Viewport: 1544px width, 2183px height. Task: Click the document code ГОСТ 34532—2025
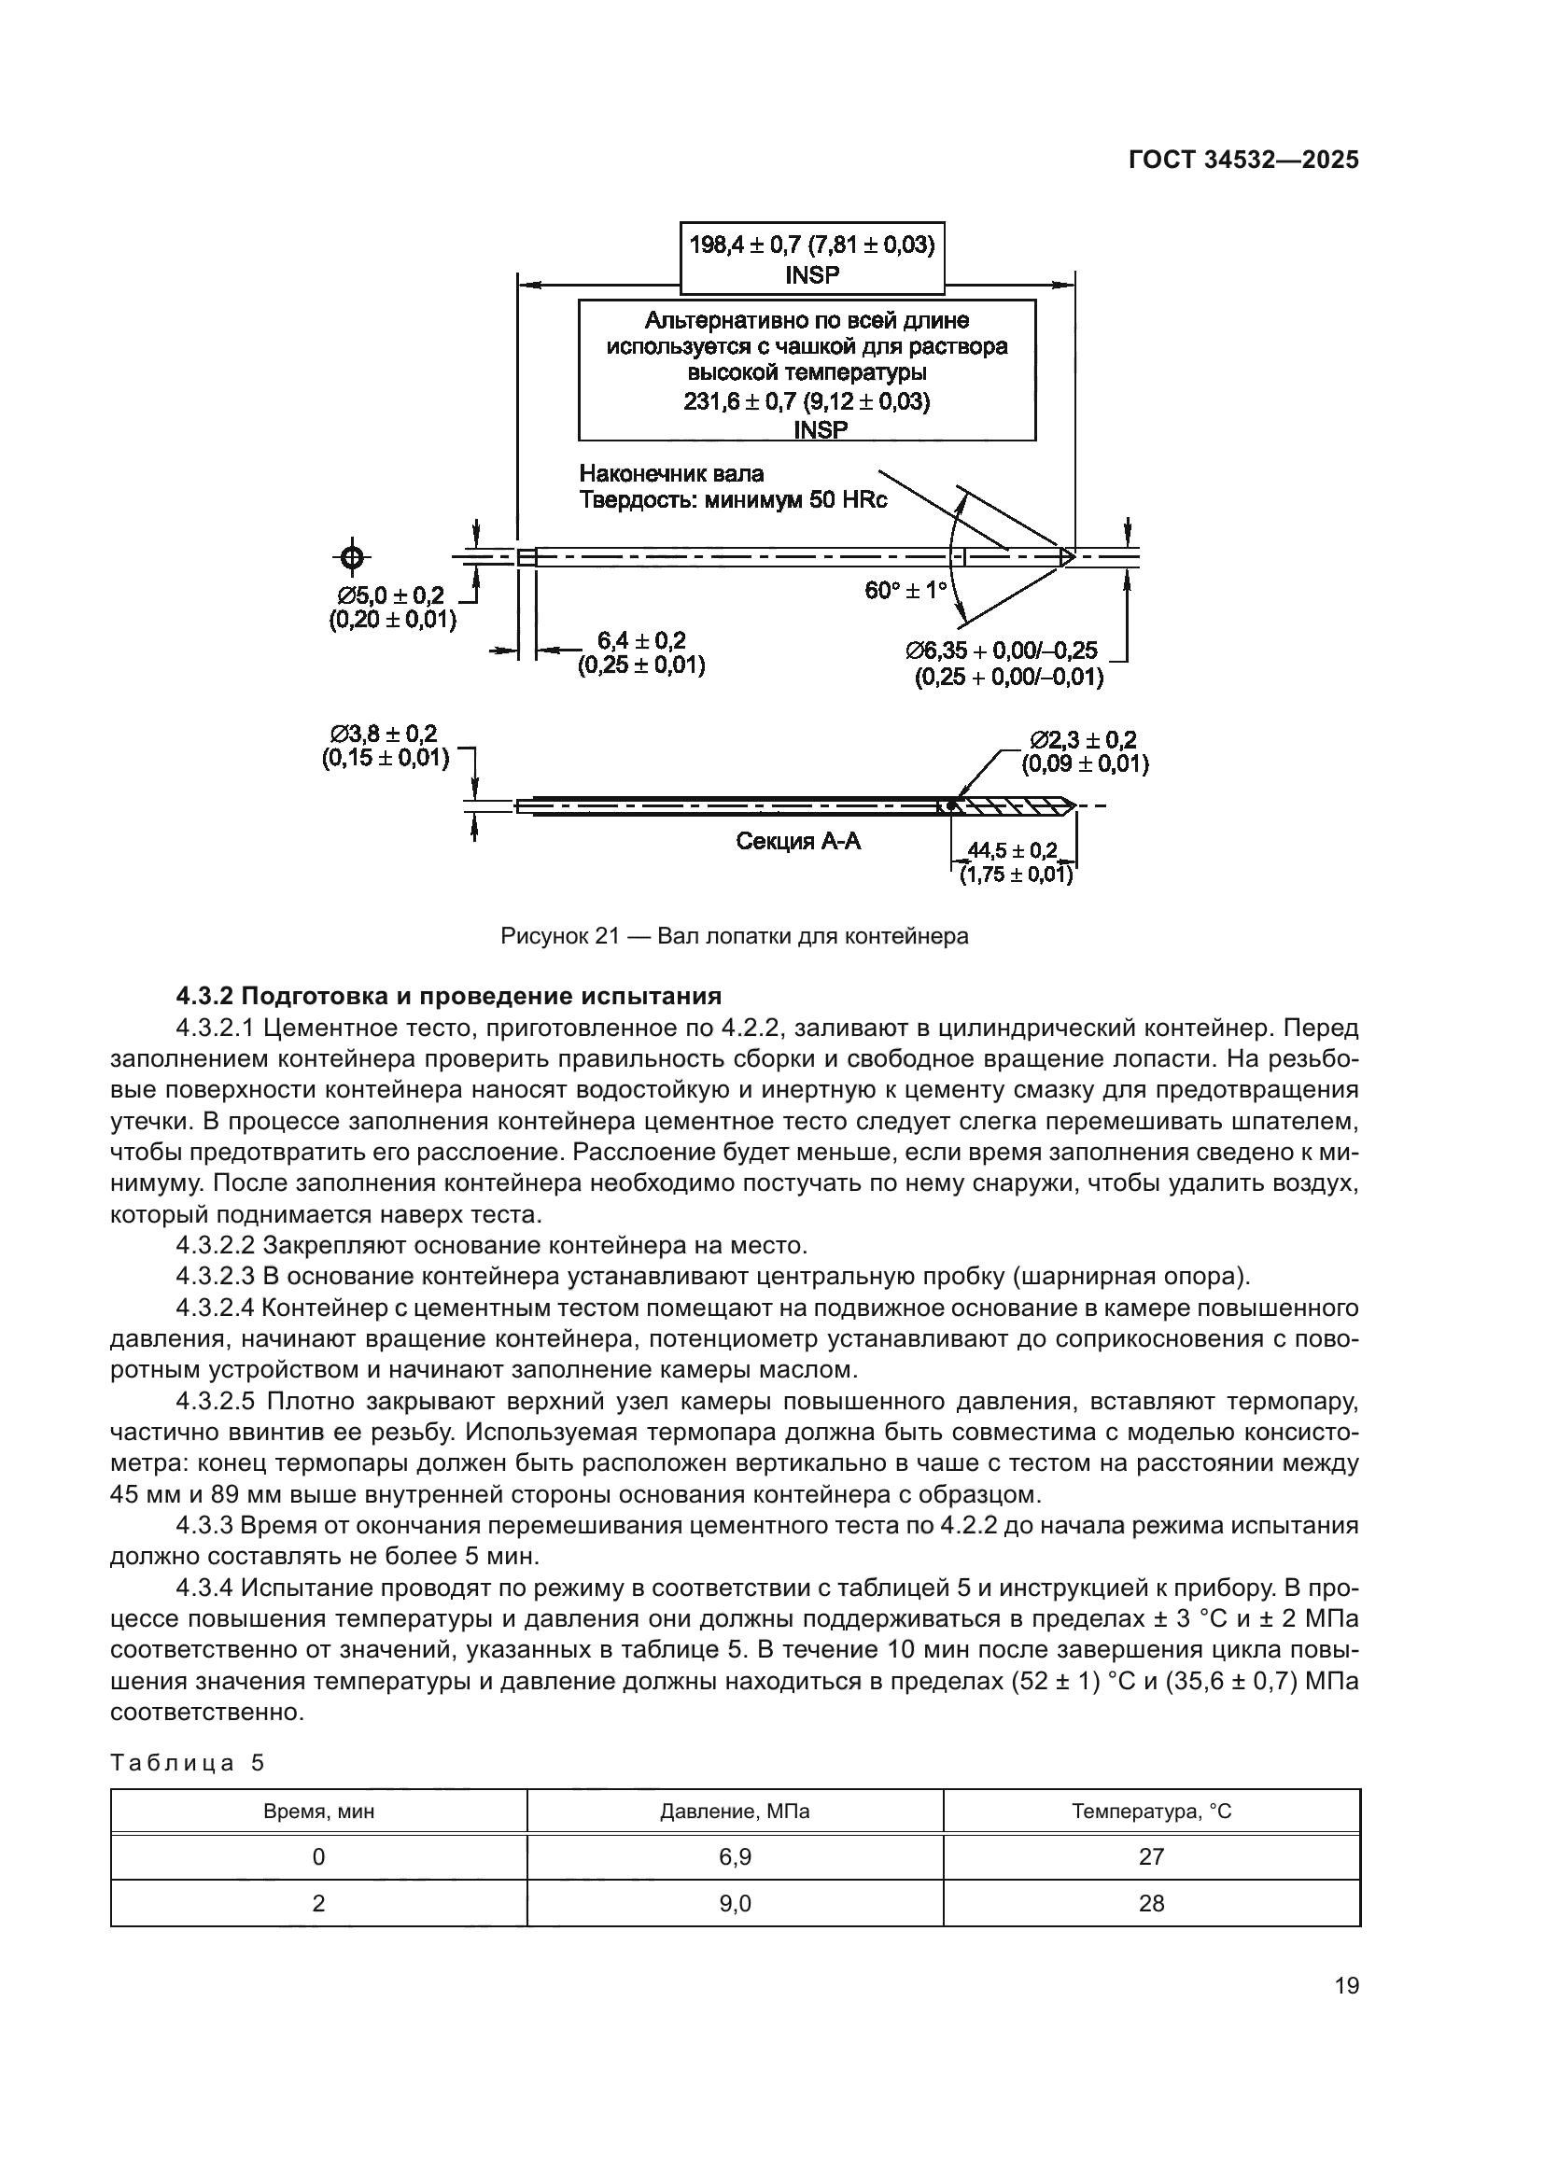click(x=1243, y=161)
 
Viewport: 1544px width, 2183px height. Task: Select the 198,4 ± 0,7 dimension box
click(x=812, y=259)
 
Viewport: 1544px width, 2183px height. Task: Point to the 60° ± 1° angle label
click(x=905, y=591)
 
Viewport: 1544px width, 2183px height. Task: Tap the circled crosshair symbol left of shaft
click(x=352, y=557)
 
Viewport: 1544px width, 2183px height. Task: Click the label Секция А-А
click(x=799, y=841)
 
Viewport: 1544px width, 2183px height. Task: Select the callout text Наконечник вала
click(x=672, y=473)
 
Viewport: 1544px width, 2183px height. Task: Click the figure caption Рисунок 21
click(x=734, y=936)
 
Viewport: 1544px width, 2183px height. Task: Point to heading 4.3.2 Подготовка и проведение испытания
click(x=449, y=997)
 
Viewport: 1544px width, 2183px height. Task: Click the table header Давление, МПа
click(x=735, y=1812)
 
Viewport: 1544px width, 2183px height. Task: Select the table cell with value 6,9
click(x=735, y=1857)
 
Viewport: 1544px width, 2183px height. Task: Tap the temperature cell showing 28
click(x=1151, y=1903)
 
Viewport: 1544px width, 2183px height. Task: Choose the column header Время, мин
click(x=318, y=1812)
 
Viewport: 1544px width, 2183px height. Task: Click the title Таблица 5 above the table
click(x=188, y=1764)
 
